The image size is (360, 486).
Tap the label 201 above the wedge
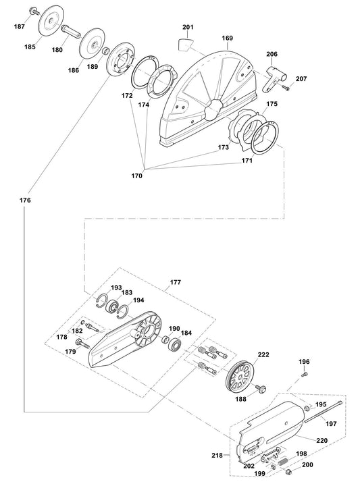188,28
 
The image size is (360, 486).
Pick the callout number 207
301,80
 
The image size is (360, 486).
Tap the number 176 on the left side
25,200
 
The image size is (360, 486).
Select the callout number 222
263,355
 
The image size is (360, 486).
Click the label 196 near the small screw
305,362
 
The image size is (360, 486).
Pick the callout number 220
322,440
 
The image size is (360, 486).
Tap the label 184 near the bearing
186,332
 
